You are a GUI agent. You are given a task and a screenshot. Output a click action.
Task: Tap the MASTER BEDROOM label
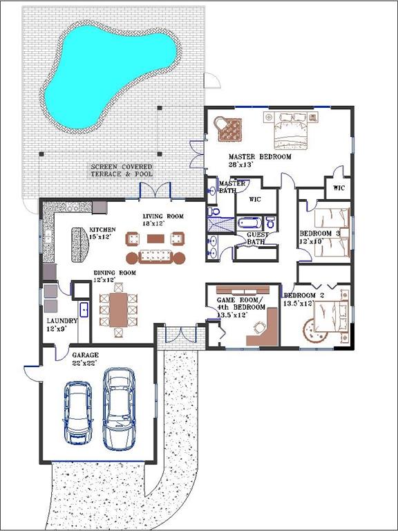pyautogui.click(x=260, y=157)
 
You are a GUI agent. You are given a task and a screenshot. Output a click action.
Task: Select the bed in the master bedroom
pyautogui.click(x=291, y=131)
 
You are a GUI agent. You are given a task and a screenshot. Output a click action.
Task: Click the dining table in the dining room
pyautogui.click(x=118, y=310)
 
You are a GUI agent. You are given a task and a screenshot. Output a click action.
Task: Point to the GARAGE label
pyautogui.click(x=85, y=355)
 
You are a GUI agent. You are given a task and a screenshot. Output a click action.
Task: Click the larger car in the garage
pyautogui.click(x=119, y=409)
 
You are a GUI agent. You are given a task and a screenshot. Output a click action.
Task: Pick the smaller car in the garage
pyautogui.click(x=78, y=412)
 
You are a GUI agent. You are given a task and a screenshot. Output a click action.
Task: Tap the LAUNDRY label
pyautogui.click(x=62, y=321)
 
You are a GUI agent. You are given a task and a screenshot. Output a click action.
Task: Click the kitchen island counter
pyautogui.click(x=80, y=244)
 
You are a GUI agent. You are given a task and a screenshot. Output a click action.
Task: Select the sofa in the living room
pyautogui.click(x=155, y=257)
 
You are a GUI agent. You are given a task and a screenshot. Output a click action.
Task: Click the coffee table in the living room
pyautogui.click(x=155, y=239)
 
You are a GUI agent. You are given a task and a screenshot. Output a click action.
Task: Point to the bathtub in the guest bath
pyautogui.click(x=249, y=223)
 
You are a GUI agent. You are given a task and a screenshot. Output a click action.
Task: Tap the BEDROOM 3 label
pyautogui.click(x=320, y=233)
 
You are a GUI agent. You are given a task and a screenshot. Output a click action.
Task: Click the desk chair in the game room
pyautogui.click(x=260, y=328)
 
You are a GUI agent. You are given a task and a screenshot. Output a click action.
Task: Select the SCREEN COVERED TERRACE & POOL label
pyautogui.click(x=122, y=170)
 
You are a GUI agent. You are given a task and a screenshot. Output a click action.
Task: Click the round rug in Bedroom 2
pyautogui.click(x=315, y=330)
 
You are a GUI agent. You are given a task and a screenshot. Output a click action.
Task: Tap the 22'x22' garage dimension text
pyautogui.click(x=84, y=363)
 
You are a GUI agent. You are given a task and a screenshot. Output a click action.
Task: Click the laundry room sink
pyautogui.click(x=84, y=310)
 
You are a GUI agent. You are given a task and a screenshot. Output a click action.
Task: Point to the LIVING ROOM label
pyautogui.click(x=163, y=216)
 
